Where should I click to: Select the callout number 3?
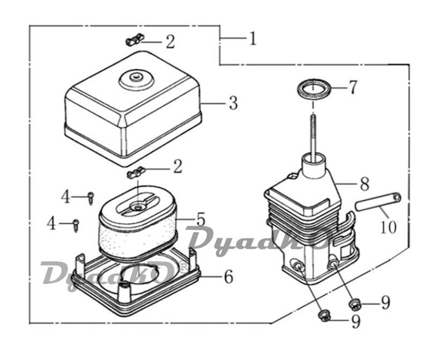pyautogui.click(x=233, y=102)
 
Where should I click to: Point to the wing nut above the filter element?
pyautogui.click(x=136, y=172)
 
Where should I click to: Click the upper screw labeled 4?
pyautogui.click(x=91, y=198)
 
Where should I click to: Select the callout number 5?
pyautogui.click(x=201, y=219)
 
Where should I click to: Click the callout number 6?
pyautogui.click(x=229, y=277)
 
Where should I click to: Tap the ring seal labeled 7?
pyautogui.click(x=314, y=89)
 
